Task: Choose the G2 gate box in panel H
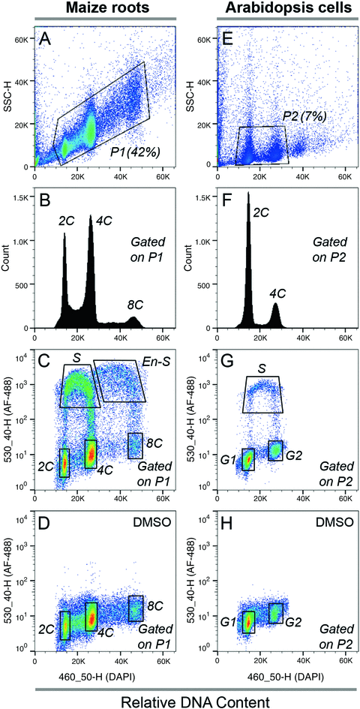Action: click(x=276, y=613)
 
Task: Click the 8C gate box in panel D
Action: click(x=136, y=608)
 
